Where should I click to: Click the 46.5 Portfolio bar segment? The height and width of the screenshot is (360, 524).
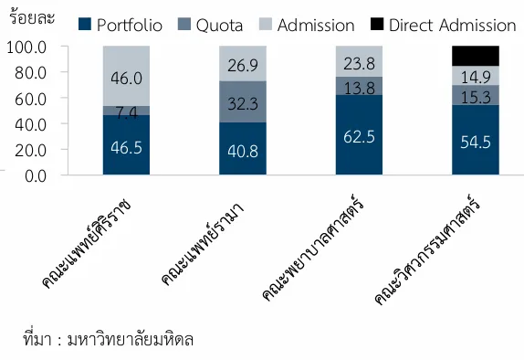(127, 144)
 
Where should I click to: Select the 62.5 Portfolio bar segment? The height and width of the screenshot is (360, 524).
(360, 134)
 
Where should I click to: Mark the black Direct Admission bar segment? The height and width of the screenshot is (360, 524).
(476, 56)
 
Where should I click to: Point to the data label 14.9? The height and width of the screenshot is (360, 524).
(476, 75)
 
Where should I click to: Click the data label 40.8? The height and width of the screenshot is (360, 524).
(243, 148)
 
